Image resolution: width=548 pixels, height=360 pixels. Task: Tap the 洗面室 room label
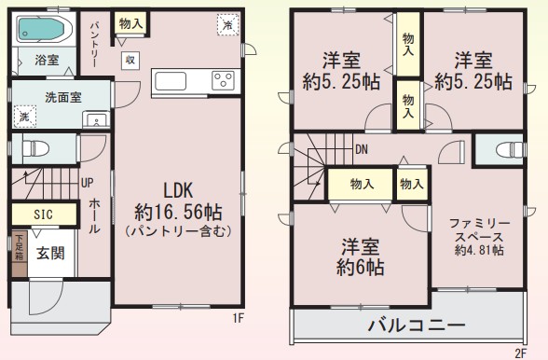pos(63,98)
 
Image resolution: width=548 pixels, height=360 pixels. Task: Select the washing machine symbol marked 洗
pos(25,117)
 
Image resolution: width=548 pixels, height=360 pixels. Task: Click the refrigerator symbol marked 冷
pos(227,25)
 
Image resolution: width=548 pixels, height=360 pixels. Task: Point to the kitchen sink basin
pos(171,81)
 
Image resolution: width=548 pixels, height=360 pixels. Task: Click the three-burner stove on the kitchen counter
pos(223,81)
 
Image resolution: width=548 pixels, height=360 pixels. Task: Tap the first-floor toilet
pos(35,149)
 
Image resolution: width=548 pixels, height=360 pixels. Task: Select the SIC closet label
pos(43,215)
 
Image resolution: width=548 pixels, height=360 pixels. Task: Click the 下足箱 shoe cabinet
pos(20,254)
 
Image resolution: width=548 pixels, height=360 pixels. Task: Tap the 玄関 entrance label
pos(50,254)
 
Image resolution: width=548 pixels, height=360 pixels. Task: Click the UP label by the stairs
pos(87,183)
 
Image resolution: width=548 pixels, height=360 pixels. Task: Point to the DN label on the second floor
pos(362,150)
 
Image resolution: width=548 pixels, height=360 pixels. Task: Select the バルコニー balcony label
pos(417,325)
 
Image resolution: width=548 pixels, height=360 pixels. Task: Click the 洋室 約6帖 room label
pos(361,256)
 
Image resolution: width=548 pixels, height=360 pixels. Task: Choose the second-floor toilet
pos(510,149)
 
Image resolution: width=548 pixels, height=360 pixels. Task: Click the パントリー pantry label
pos(94,45)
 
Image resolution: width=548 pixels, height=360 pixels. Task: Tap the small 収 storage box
pos(130,60)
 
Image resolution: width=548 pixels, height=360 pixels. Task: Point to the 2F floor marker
pos(520,353)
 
